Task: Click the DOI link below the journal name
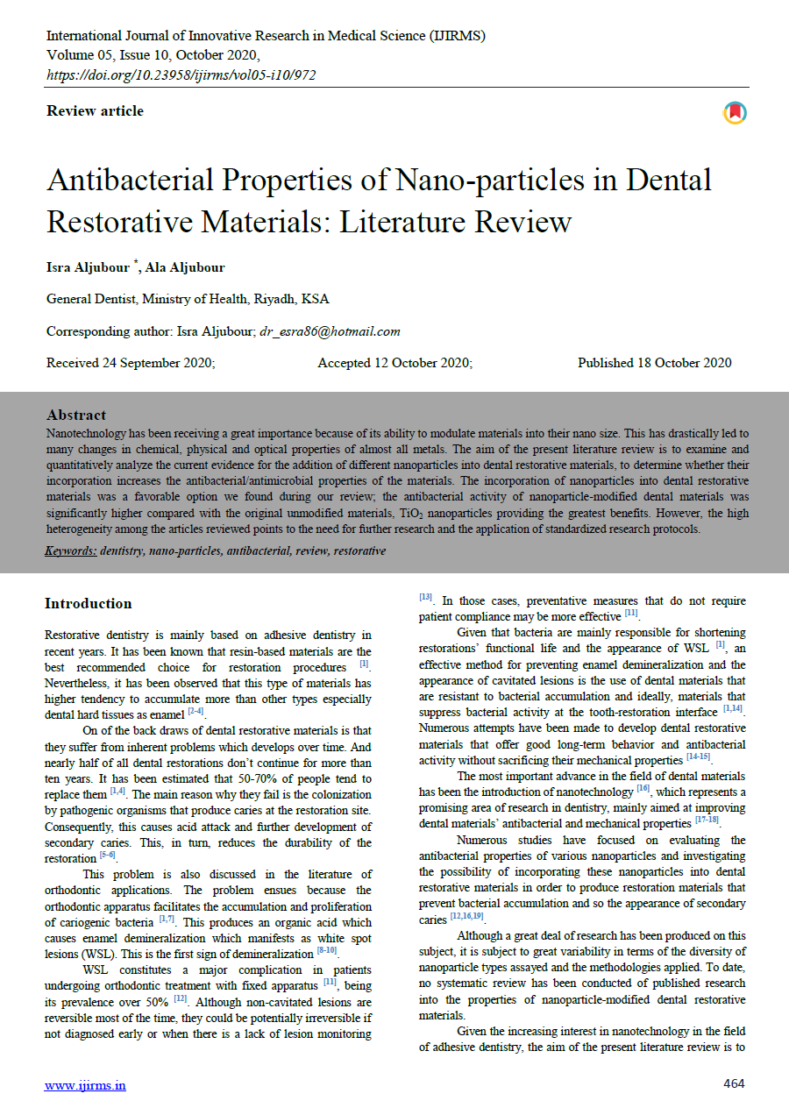(x=181, y=75)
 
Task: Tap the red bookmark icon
(x=734, y=112)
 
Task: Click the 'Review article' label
(x=95, y=111)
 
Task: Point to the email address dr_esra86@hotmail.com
(x=330, y=331)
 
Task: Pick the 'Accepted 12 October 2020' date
(x=394, y=363)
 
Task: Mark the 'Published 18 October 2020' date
(x=654, y=363)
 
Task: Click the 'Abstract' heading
(x=76, y=415)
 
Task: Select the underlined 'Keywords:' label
(x=71, y=551)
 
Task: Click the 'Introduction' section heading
(x=89, y=603)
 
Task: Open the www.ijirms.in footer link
(x=85, y=1085)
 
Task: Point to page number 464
(x=734, y=1084)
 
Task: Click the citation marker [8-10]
(x=327, y=951)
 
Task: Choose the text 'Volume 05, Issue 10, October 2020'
(x=153, y=54)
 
